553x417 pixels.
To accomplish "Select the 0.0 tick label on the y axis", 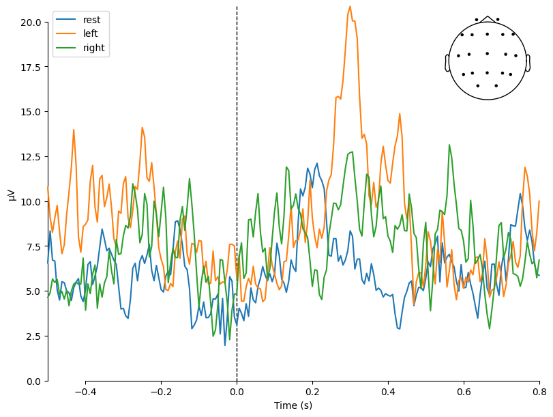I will (x=34, y=381).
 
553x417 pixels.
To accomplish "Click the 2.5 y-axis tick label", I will (x=34, y=336).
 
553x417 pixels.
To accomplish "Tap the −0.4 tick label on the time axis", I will (x=85, y=392).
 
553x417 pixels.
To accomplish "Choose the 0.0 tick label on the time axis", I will (x=237, y=392).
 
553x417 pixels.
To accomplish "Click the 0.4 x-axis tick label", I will (x=388, y=392).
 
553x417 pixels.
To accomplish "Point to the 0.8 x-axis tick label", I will (x=539, y=392).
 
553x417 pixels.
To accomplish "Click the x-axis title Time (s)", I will (x=293, y=406).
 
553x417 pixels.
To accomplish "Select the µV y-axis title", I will (x=12, y=194).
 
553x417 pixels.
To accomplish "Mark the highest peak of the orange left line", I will (x=350, y=7).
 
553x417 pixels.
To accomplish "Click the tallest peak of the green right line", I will (x=449, y=145).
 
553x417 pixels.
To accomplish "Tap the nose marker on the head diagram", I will (x=487, y=18).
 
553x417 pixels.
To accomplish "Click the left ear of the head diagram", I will (x=447, y=62).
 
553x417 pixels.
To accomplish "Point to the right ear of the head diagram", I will (x=528, y=62).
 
